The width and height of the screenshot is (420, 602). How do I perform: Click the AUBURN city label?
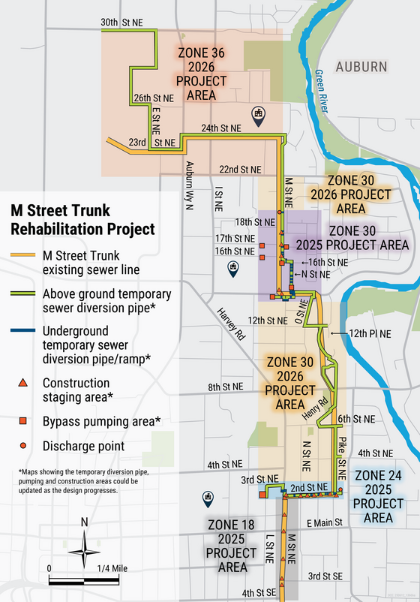point(361,67)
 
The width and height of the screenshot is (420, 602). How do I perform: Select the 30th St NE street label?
point(122,23)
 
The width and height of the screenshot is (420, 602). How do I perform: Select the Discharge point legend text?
point(83,446)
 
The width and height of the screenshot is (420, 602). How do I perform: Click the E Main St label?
point(324,522)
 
